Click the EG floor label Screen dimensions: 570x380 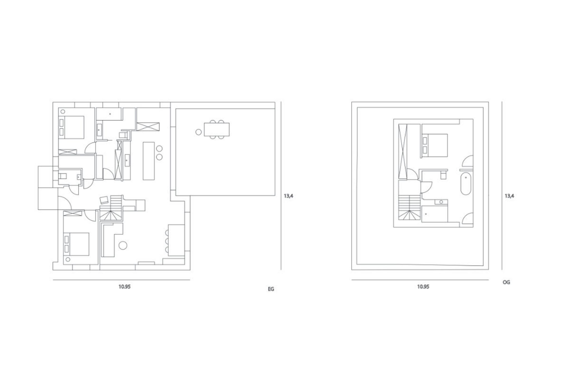tap(271, 289)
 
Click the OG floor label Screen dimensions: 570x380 tap(507, 282)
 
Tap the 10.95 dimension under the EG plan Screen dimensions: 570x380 tap(124, 287)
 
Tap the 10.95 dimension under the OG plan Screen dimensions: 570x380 tap(423, 287)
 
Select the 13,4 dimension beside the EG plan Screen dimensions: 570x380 tap(289, 196)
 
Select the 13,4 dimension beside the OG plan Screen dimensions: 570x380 tap(509, 196)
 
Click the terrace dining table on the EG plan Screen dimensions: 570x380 tap(217, 129)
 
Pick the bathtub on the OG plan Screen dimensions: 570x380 tap(466, 184)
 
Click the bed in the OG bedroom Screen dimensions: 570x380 tap(434, 146)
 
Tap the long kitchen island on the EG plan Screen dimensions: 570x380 tap(149, 161)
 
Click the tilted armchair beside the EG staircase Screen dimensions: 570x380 tap(104, 200)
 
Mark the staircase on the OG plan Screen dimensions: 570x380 tap(409, 208)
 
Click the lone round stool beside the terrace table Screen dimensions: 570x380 tap(198, 132)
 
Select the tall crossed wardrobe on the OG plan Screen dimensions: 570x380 tap(402, 151)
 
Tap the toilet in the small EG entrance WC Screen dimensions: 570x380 tap(62, 176)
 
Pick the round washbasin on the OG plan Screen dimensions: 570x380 tap(441, 202)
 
